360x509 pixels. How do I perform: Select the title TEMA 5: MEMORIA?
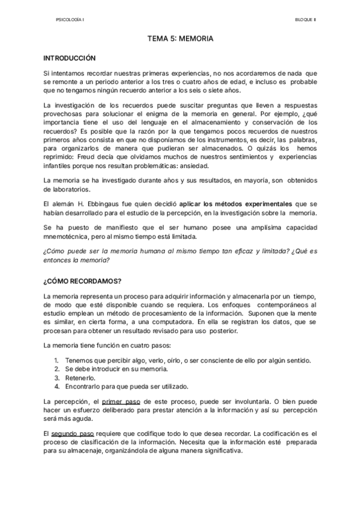[x=181, y=39]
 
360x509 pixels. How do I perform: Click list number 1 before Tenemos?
[x=55, y=360]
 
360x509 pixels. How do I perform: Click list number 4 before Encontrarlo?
[x=55, y=387]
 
